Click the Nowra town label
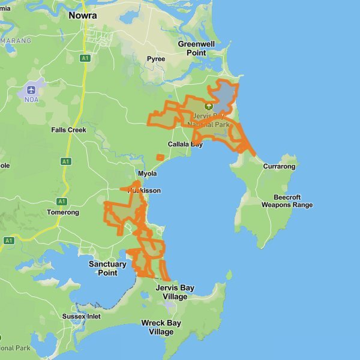83,16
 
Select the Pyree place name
156,59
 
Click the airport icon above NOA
30,91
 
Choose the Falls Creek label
68,130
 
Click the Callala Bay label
185,144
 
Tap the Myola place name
147,173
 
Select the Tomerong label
63,212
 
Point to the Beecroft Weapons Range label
287,201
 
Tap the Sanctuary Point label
107,268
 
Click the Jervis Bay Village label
175,292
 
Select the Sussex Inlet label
82,316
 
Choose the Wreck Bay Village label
161,327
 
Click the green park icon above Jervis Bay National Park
209,106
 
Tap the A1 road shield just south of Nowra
85,58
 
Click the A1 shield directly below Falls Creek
66,161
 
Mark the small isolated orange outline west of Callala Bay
160,157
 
